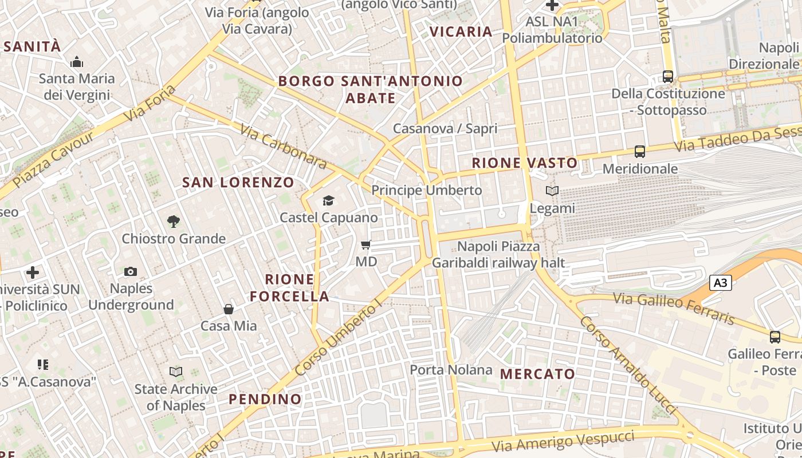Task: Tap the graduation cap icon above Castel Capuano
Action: [x=328, y=200]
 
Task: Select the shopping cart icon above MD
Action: [x=366, y=245]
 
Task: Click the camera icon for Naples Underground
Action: [x=131, y=271]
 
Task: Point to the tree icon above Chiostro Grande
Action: [x=174, y=221]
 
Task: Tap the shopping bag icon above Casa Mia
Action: [x=229, y=309]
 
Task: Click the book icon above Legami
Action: [x=552, y=191]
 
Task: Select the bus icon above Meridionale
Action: [x=640, y=152]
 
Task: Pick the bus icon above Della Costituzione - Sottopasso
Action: [x=668, y=76]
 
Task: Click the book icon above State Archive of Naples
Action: [x=176, y=372]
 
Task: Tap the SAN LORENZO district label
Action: [x=238, y=183]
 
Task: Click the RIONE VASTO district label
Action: [x=525, y=163]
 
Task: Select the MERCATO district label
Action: [x=537, y=374]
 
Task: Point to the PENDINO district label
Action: [x=265, y=399]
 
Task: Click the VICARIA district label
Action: [x=461, y=32]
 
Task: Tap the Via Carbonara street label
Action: [x=284, y=147]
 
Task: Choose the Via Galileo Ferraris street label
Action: [x=674, y=308]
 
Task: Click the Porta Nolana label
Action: [x=451, y=370]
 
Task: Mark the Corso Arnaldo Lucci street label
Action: [x=628, y=366]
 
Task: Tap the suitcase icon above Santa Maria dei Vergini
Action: [x=77, y=62]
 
